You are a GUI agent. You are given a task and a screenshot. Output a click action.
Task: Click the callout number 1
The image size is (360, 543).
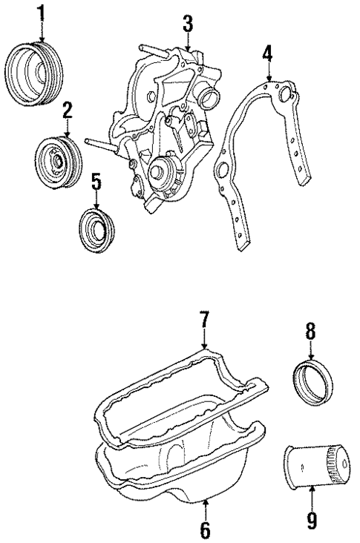click(42, 13)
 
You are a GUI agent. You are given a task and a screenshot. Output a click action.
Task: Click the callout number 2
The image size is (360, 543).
click(67, 112)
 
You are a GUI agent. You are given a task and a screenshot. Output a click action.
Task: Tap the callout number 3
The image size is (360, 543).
click(188, 24)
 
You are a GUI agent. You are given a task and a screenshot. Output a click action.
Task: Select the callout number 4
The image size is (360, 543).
click(267, 54)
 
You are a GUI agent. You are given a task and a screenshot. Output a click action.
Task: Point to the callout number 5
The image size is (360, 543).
click(96, 181)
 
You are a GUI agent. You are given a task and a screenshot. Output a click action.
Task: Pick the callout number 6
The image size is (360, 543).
click(206, 530)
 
